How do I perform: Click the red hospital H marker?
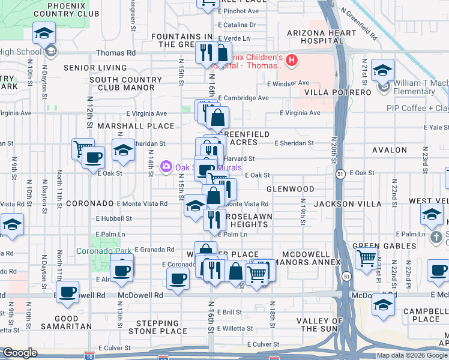(x=292, y=60)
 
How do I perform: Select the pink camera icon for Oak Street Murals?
(x=166, y=166)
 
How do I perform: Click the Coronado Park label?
(x=97, y=250)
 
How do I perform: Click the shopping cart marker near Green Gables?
(x=366, y=259)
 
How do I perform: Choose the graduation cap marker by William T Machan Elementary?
(x=382, y=71)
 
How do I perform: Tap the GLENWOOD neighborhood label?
(x=291, y=189)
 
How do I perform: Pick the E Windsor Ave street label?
(x=288, y=83)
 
